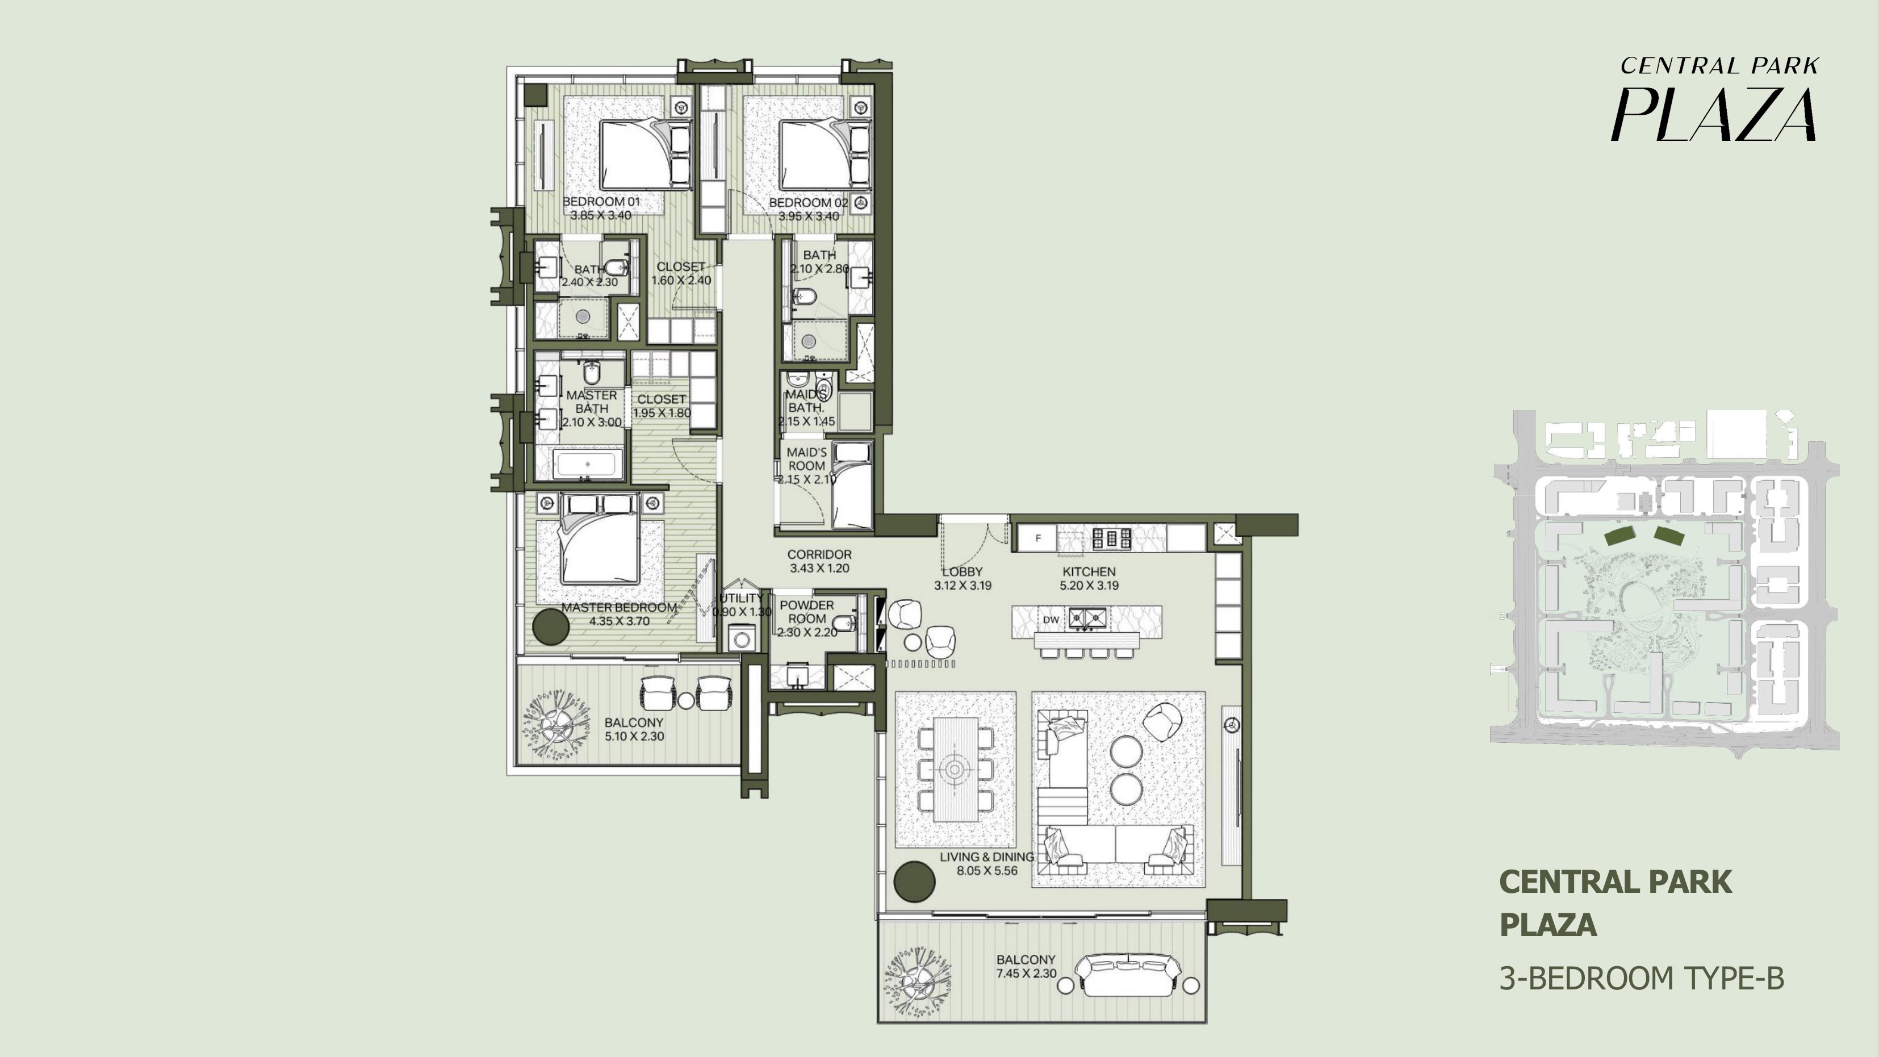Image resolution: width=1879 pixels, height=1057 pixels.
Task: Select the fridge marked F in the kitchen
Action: point(1038,538)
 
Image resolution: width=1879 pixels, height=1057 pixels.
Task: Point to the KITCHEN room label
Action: point(1089,572)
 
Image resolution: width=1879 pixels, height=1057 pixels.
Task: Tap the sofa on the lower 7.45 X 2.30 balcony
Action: point(1128,975)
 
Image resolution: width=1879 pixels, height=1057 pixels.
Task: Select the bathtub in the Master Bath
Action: point(588,464)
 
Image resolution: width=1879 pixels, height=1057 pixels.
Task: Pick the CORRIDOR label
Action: point(819,554)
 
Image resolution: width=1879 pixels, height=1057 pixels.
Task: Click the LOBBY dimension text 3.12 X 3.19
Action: point(963,585)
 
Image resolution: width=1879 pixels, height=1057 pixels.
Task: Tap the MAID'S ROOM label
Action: point(807,459)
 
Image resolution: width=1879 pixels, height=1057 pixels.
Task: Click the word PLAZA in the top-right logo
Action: point(1713,115)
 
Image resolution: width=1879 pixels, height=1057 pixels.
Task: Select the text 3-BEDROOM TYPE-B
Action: point(1641,978)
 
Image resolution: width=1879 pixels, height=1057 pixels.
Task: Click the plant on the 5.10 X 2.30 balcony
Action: point(556,726)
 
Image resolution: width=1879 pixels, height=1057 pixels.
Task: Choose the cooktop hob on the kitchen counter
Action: point(1112,538)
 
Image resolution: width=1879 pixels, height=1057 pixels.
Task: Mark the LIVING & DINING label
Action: point(987,857)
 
